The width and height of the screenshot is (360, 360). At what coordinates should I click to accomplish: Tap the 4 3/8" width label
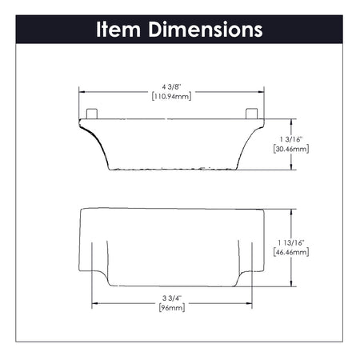173,86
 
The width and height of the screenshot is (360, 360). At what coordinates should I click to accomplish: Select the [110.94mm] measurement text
173,95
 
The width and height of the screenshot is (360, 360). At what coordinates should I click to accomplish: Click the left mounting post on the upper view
92,113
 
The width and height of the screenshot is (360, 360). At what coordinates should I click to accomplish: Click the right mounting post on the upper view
252,113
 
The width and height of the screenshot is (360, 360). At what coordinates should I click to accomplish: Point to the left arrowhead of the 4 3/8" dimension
81,90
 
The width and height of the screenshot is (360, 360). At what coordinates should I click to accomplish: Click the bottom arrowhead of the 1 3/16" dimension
291,169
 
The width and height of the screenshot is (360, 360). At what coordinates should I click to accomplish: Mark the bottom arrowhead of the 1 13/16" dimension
291,284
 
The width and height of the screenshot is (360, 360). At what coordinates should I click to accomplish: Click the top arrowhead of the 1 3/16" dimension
291,121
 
